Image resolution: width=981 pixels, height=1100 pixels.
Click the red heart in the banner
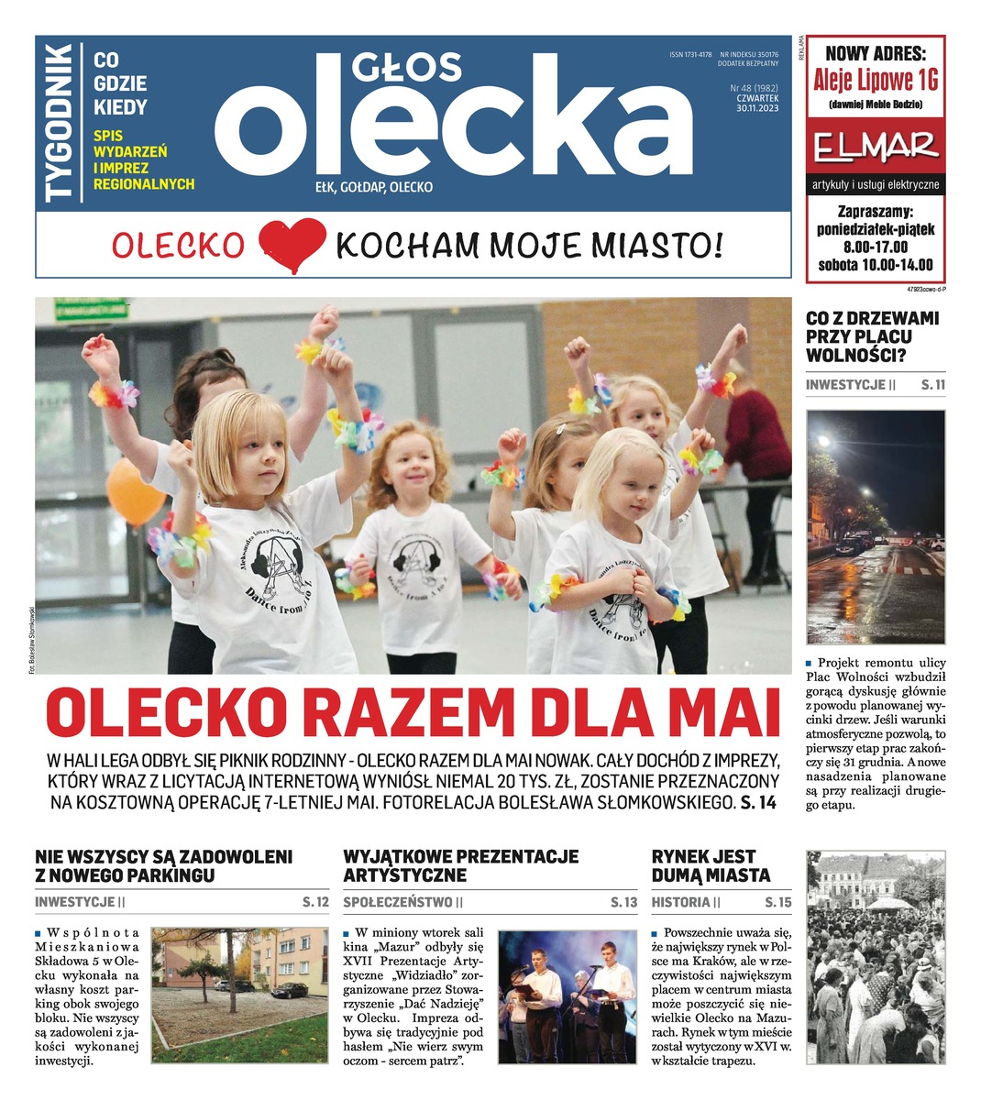[292, 246]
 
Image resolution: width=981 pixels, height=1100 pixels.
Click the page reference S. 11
[932, 385]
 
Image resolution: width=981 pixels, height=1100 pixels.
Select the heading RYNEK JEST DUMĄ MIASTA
[711, 866]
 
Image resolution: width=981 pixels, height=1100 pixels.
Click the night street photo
[876, 527]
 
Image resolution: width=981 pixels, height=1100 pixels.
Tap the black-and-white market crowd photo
[875, 958]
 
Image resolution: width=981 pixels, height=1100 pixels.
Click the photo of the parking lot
[238, 995]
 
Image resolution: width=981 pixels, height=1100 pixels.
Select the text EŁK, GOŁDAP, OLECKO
[373, 188]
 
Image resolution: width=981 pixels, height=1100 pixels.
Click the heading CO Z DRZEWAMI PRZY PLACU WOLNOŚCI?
[872, 337]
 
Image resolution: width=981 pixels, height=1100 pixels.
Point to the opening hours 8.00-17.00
[876, 247]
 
